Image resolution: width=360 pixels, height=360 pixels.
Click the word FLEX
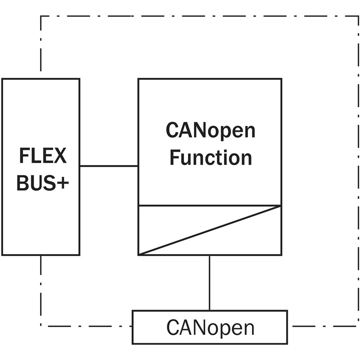pos(43,156)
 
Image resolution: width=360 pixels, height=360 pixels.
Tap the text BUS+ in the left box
pos(43,183)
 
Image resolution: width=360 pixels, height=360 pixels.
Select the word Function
pos(211,157)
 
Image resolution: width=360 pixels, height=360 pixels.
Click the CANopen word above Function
pos(211,130)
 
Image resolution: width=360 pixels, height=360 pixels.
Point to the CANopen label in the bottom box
pos(210,328)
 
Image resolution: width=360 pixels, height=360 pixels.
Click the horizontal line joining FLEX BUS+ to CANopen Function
pos(109,166)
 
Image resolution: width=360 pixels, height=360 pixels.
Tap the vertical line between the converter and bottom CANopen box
pos(209,283)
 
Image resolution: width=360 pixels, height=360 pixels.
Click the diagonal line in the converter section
pos(210,230)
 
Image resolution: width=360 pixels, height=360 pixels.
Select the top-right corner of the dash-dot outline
pos(358,16)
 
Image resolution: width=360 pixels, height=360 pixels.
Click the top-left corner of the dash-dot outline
pos(40,16)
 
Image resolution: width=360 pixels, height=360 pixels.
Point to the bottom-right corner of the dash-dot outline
pos(358,326)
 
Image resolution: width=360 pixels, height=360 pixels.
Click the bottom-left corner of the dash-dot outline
pos(40,326)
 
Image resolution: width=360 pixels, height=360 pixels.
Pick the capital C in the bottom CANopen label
pos(172,328)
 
